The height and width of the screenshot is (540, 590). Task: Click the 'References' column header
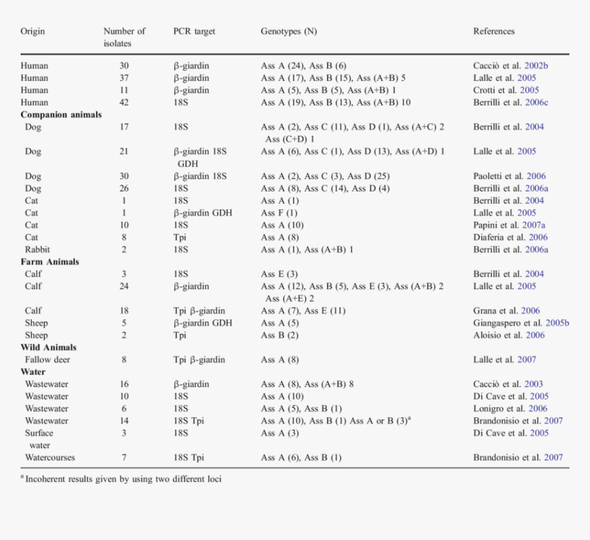click(493, 32)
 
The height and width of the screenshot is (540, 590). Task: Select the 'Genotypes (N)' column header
click(289, 32)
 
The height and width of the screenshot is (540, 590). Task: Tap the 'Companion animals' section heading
click(61, 115)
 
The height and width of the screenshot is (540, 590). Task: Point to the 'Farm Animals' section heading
click(49, 261)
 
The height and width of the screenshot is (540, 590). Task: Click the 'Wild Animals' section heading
click(48, 347)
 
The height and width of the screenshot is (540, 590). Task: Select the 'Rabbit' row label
click(37, 250)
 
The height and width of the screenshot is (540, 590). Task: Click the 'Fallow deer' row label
click(47, 360)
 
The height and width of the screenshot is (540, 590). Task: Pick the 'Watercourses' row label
click(50, 458)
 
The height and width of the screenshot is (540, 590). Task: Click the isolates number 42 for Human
click(124, 102)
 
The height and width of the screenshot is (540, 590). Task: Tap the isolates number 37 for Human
click(124, 78)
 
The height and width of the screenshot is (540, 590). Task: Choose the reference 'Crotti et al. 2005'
click(506, 90)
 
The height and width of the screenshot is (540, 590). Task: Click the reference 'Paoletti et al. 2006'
click(509, 176)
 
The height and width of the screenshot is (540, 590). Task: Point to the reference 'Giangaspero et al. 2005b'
click(521, 323)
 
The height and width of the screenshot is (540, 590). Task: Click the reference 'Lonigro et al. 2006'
click(510, 409)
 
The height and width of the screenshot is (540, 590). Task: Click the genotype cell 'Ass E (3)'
click(279, 274)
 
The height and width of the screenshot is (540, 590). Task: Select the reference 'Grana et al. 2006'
click(506, 311)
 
